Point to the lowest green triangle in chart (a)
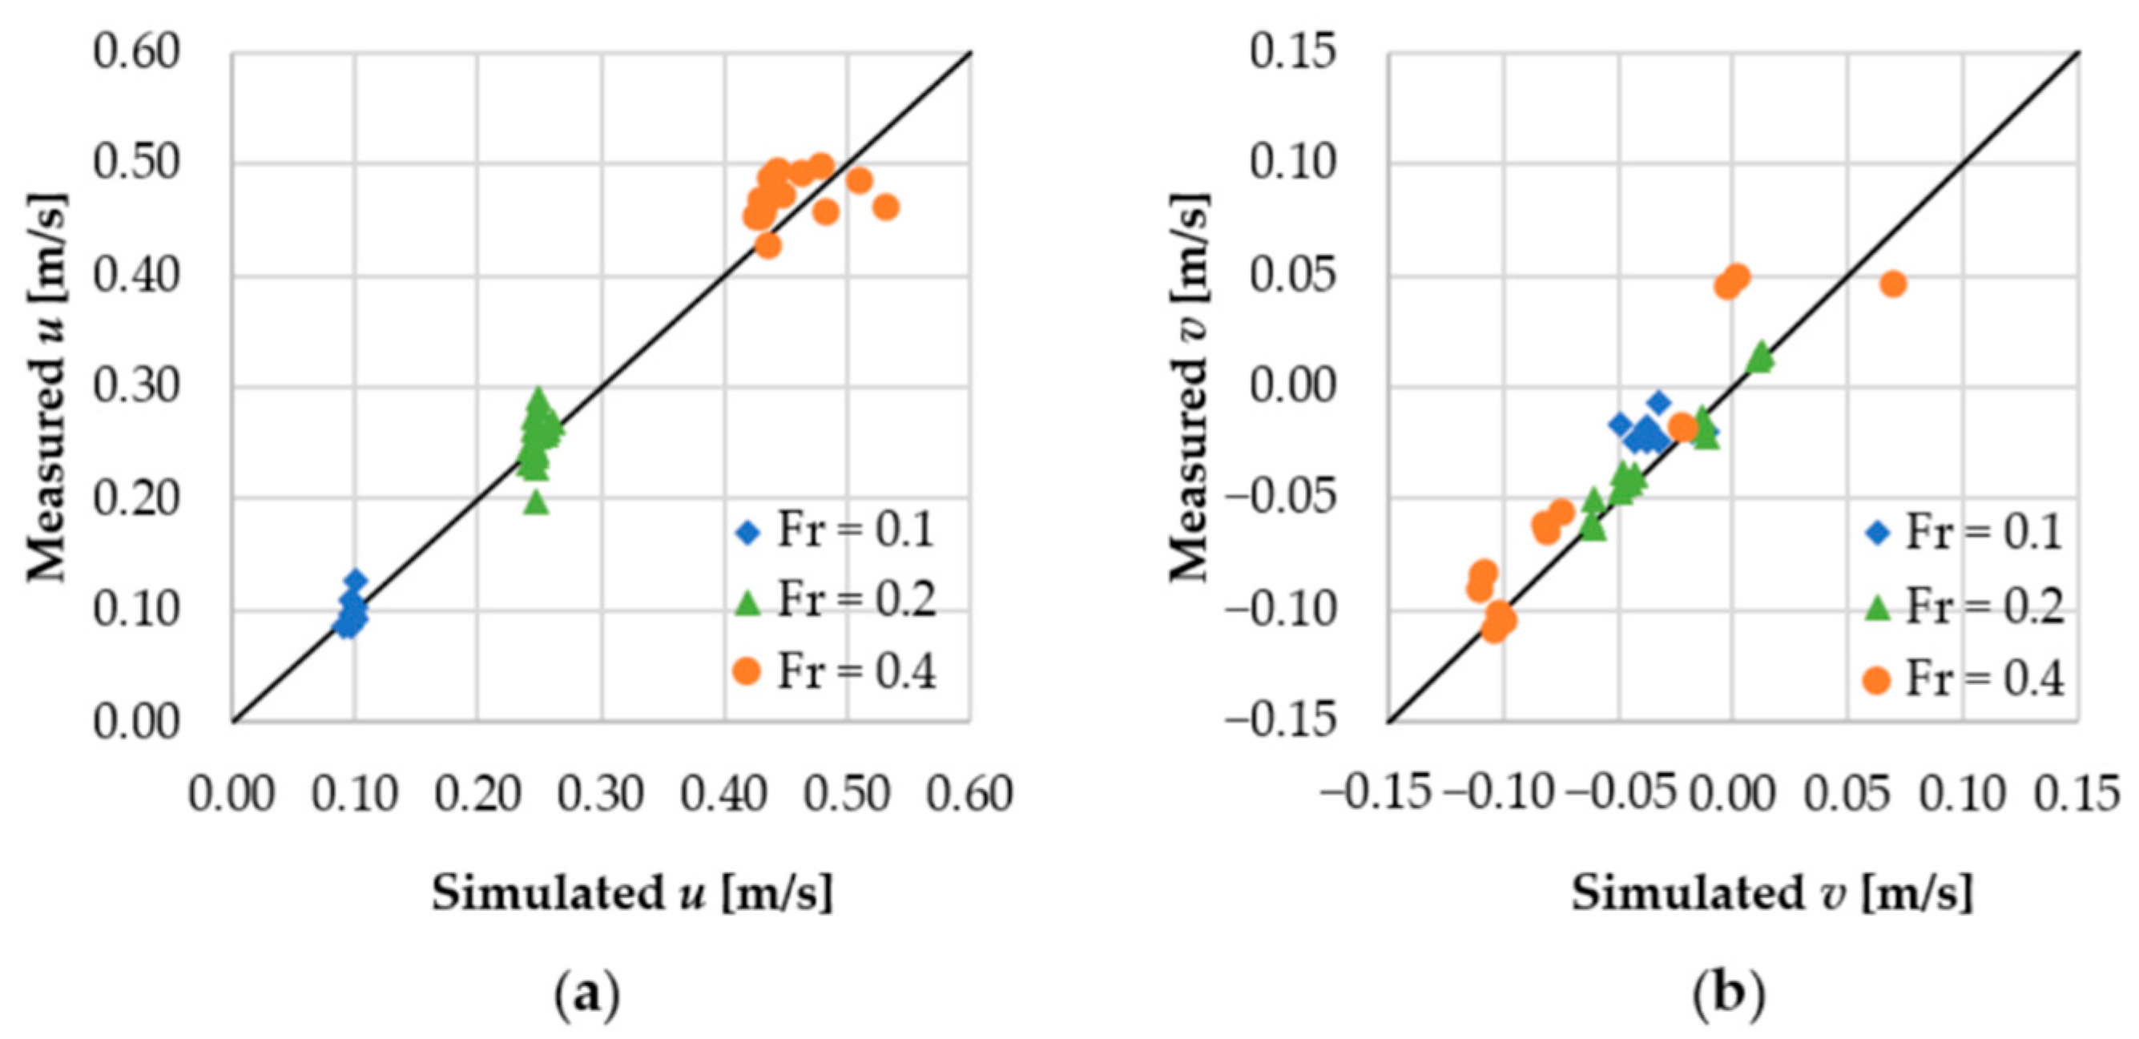(537, 501)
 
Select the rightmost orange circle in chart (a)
(886, 207)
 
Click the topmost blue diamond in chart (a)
(356, 580)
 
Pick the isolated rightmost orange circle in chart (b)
(1892, 284)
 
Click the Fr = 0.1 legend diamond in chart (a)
(749, 533)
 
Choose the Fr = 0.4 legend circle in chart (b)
(1876, 680)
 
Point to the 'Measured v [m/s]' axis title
(1189, 387)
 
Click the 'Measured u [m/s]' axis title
(46, 387)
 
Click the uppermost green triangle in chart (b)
(1761, 356)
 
